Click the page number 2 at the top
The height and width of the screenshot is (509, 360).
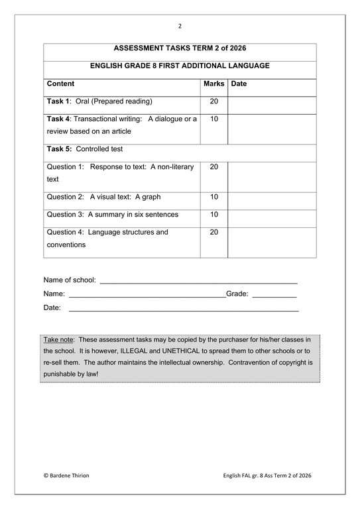[x=180, y=26]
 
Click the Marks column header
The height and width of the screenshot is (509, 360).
[x=213, y=84]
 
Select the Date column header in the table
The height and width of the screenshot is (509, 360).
[x=239, y=84]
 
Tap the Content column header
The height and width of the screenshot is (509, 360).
[x=60, y=84]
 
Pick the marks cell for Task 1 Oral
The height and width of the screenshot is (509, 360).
[x=213, y=101]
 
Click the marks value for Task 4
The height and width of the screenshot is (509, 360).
[x=213, y=119]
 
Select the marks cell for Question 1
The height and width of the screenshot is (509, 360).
[x=213, y=166]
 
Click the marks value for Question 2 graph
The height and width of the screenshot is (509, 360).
[x=213, y=197]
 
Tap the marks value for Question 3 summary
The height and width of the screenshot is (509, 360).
[x=213, y=214]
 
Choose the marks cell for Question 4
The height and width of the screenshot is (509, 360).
[x=213, y=232]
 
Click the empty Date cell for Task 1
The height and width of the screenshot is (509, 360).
[x=272, y=105]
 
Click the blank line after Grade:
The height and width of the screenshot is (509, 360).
[x=274, y=294]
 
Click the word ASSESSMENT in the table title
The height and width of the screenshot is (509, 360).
[x=140, y=49]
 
